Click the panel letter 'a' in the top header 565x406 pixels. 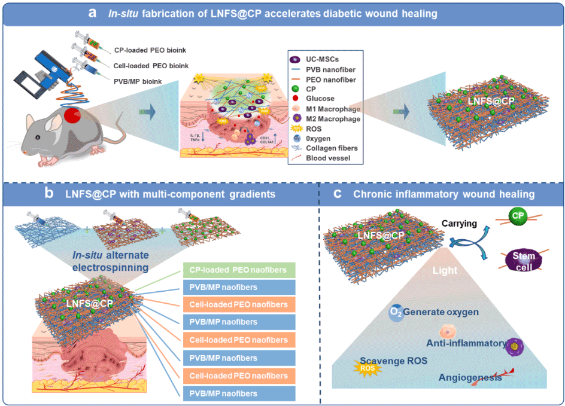tap(93, 13)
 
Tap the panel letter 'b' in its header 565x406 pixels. tap(51, 194)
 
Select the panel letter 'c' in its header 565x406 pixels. tap(338, 194)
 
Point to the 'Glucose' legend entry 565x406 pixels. tap(320, 98)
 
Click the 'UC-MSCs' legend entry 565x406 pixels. tap(321, 59)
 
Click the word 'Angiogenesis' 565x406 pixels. tap(470, 377)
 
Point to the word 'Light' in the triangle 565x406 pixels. tap(445, 270)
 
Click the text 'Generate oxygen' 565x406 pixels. tap(441, 312)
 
